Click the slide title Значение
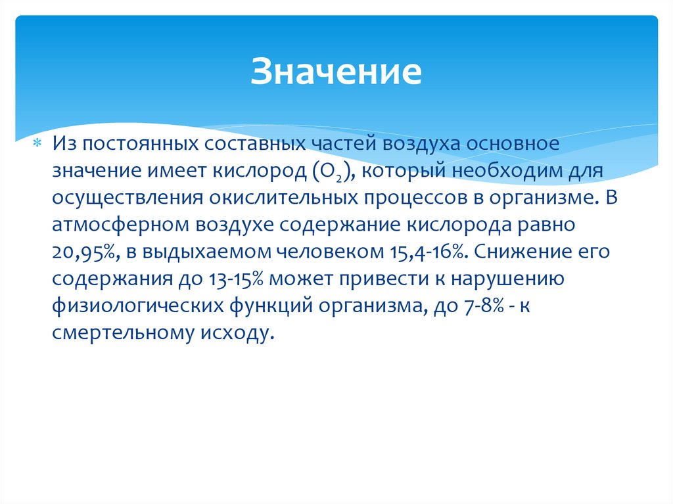[x=335, y=73]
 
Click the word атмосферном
[x=120, y=225]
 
